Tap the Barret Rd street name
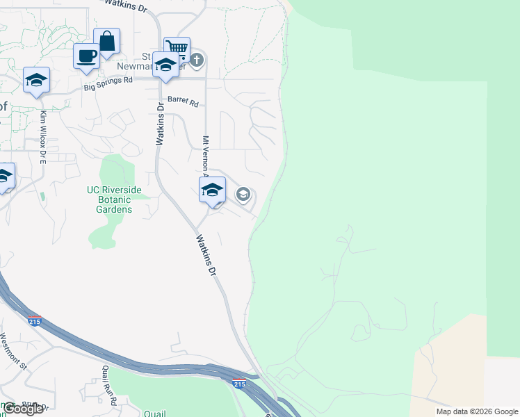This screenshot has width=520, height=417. [x=183, y=101]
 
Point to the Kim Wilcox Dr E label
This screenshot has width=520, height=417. [x=42, y=136]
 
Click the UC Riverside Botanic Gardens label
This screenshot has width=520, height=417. [x=114, y=199]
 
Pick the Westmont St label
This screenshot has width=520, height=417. [x=13, y=350]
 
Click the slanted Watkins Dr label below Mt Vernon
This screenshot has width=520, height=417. [x=205, y=256]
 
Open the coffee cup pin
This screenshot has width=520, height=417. [x=87, y=56]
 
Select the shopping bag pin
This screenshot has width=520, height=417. [x=107, y=41]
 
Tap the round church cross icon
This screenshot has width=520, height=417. [x=197, y=59]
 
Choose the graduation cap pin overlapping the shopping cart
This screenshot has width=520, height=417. [x=165, y=65]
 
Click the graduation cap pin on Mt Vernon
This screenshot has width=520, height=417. [x=212, y=189]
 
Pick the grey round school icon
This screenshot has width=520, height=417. [x=243, y=194]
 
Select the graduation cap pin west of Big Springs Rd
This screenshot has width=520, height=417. [x=36, y=80]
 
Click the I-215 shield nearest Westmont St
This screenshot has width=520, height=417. [x=35, y=321]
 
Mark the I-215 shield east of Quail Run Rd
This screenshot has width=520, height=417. [x=239, y=384]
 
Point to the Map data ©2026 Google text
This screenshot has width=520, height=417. [x=477, y=411]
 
